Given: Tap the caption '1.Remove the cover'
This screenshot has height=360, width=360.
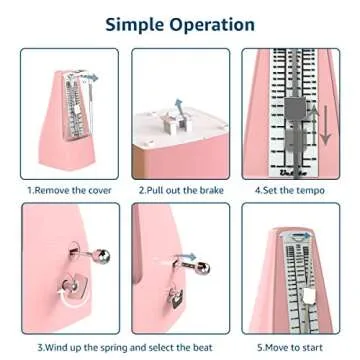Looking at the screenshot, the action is (x=69, y=190).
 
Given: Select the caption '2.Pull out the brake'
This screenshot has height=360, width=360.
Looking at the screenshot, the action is (x=181, y=190).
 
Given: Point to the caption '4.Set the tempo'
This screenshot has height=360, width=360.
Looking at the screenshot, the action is (x=289, y=190).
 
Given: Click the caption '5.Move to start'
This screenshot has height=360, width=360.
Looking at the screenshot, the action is (x=290, y=347).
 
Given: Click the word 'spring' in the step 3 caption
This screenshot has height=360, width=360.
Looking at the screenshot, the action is (x=112, y=348).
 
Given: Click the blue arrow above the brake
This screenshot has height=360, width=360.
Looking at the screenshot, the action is (x=180, y=107).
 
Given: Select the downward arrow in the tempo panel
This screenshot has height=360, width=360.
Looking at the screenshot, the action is (x=326, y=125).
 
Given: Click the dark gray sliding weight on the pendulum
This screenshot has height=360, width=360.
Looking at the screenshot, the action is (x=295, y=107).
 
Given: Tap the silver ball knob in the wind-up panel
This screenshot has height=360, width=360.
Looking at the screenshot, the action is (x=103, y=256).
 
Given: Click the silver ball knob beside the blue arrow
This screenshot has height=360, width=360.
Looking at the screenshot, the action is (x=202, y=268).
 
